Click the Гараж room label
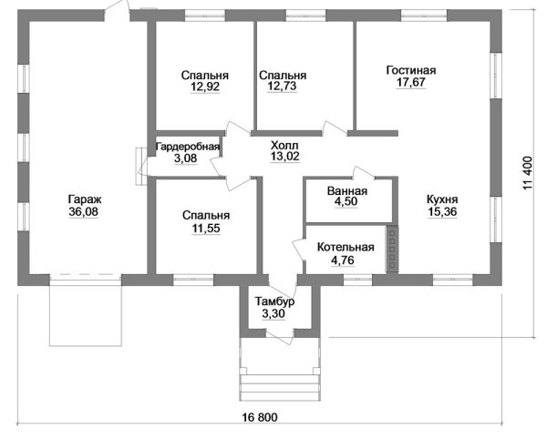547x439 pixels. point(85,200)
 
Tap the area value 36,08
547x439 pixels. point(84,211)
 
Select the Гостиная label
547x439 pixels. point(411,70)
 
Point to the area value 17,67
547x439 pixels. point(411,82)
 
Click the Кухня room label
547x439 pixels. point(442,199)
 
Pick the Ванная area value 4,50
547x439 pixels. point(346,201)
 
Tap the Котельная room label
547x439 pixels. point(346,248)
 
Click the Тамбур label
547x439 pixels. point(274,301)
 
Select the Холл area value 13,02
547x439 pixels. point(285,157)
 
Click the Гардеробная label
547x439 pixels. point(188,147)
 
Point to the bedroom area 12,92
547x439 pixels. point(205,87)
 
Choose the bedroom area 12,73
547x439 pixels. point(282,86)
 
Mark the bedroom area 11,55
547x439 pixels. point(206,229)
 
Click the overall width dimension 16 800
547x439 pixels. point(260,417)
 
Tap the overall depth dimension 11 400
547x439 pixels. point(528,173)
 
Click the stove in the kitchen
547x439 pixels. point(392,249)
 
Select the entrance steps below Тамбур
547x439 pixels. point(280,387)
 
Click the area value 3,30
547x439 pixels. point(273,313)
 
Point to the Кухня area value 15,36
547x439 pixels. point(442,211)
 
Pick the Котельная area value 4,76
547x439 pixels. point(343,260)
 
